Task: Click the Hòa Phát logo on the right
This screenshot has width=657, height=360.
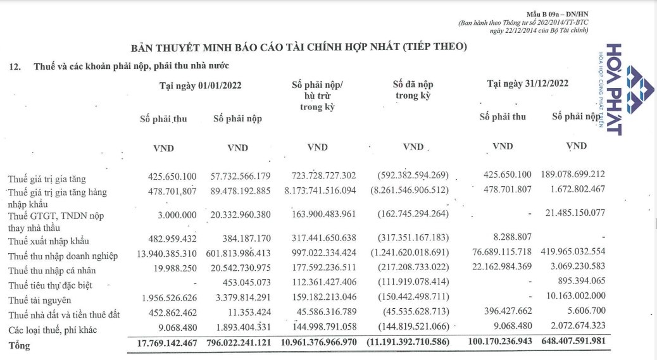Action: pos(623,89)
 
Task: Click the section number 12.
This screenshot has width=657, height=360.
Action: pos(16,66)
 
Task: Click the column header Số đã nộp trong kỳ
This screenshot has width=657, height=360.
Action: pos(413,90)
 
